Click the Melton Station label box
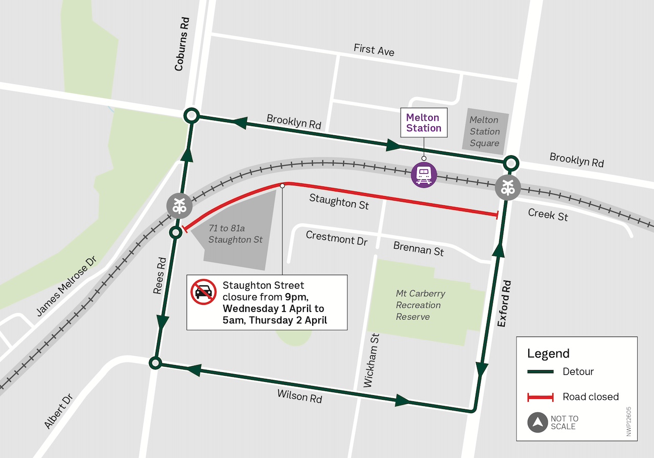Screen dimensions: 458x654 click(424, 123)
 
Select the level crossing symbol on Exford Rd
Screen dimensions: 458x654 click(507, 187)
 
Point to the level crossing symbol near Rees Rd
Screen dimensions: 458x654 click(179, 206)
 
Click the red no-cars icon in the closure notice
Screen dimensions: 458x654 click(203, 292)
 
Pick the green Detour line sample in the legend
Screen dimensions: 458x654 click(541, 372)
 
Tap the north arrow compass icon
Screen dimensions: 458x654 click(538, 423)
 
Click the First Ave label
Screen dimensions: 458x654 click(374, 50)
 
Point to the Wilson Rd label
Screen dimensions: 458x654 click(300, 396)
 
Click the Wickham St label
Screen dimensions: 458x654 click(371, 360)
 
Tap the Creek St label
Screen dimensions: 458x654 click(548, 214)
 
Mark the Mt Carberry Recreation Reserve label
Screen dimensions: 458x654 click(420, 305)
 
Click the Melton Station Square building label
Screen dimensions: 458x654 click(484, 132)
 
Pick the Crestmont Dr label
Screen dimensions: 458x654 click(336, 238)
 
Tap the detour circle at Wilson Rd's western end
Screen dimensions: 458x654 click(155, 363)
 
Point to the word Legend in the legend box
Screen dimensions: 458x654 click(548, 353)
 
